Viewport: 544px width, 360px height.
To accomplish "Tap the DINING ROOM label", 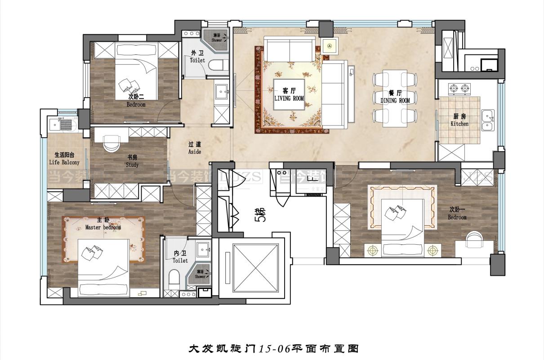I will [395, 100].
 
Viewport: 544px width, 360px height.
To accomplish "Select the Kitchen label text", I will [459, 123].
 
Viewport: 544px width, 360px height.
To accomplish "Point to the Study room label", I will [132, 165].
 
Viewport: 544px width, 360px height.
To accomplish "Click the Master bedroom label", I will [103, 227].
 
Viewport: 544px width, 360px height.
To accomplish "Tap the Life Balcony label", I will [64, 162].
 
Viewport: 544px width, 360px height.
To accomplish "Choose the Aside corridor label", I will [195, 152].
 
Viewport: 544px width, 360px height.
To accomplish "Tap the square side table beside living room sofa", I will [330, 46].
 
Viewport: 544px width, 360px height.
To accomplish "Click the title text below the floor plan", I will [272, 348].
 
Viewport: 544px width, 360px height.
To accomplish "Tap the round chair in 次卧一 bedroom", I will [473, 238].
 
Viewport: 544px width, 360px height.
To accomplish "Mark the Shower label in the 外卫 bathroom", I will [217, 38].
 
